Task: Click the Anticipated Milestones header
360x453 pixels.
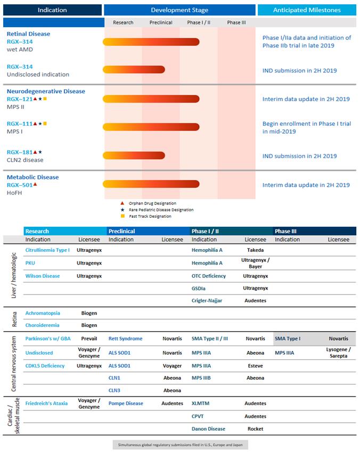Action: click(307, 10)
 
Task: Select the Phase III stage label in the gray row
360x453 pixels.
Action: click(236, 22)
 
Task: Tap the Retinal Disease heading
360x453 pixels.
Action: click(28, 34)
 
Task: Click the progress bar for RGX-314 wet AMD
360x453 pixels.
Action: click(151, 42)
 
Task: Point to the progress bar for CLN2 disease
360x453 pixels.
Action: click(134, 155)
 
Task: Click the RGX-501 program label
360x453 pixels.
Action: click(20, 185)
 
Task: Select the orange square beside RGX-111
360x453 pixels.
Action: click(45, 123)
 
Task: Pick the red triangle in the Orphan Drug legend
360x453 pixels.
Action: click(122, 203)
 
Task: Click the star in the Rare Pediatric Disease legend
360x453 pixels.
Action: click(122, 209)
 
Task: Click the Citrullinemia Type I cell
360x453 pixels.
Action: click(47, 250)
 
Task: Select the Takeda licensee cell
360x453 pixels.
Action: click(255, 250)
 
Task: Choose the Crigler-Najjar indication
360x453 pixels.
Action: click(207, 301)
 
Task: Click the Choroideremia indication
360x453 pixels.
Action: click(43, 325)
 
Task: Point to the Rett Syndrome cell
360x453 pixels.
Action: click(125, 339)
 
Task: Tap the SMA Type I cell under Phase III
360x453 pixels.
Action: click(288, 339)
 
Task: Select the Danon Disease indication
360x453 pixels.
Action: click(208, 429)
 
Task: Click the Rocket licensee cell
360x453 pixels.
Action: click(255, 429)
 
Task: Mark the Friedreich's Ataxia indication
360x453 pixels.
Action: click(46, 403)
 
